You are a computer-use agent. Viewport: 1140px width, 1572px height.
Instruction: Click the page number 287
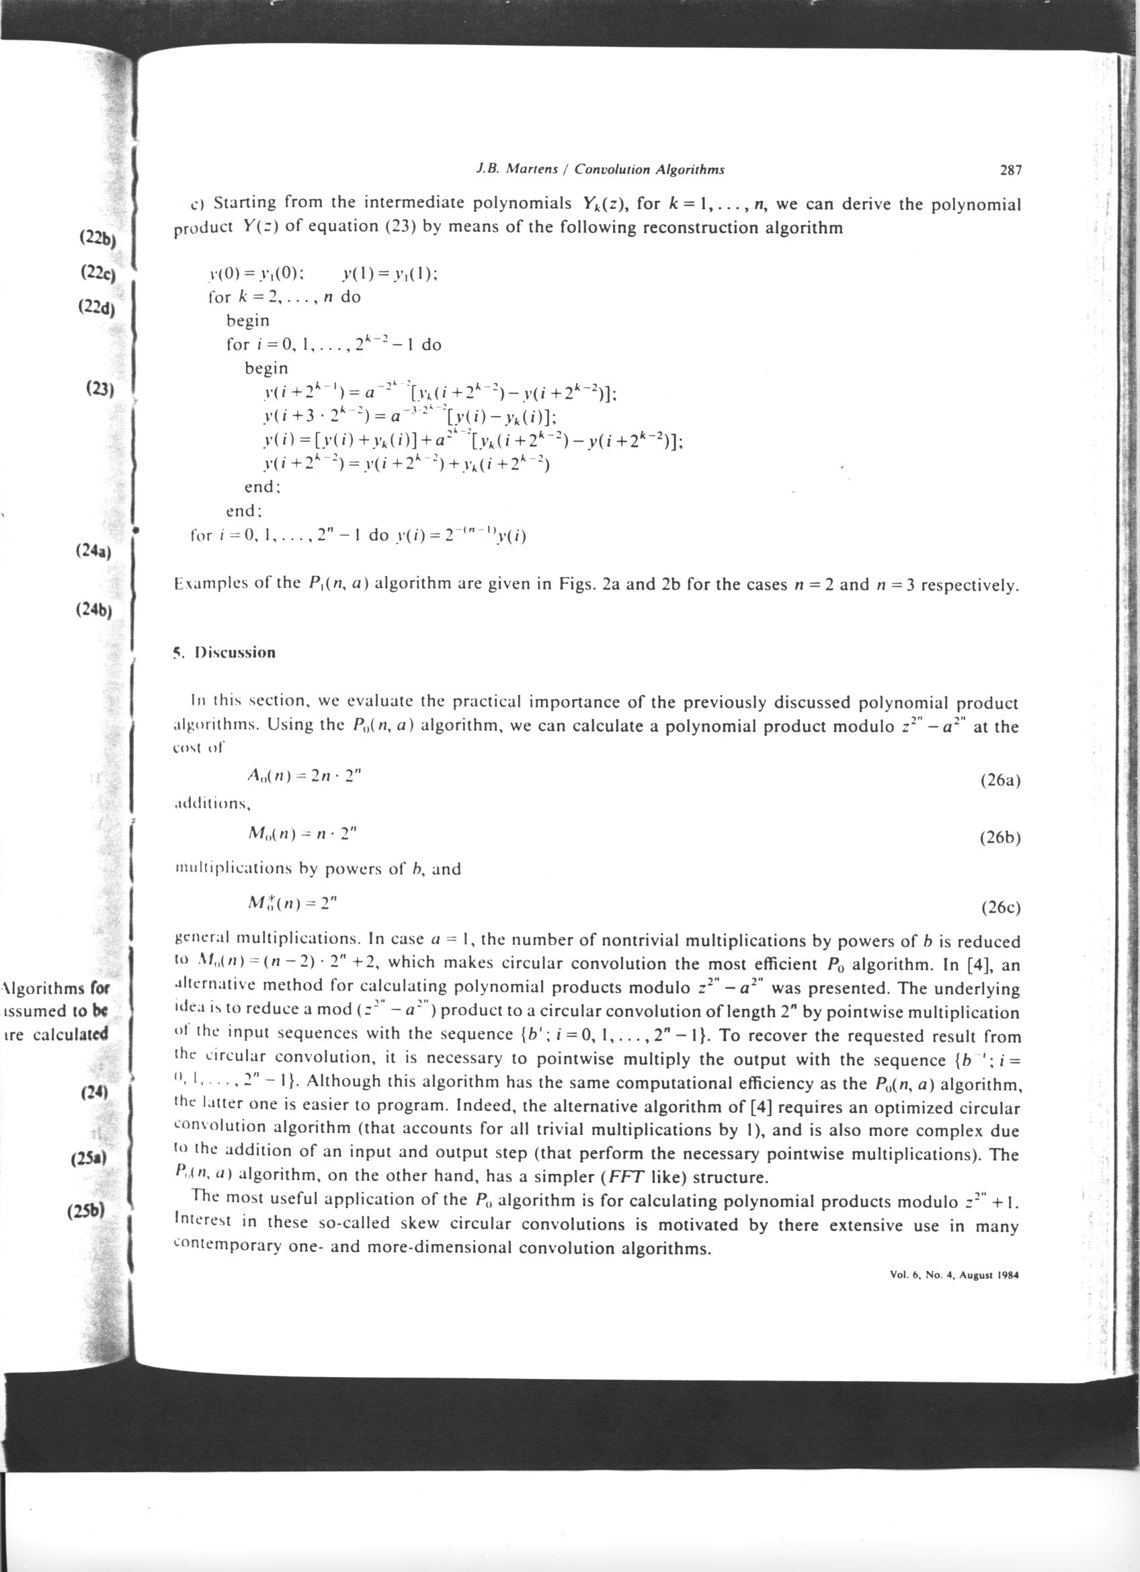point(1011,170)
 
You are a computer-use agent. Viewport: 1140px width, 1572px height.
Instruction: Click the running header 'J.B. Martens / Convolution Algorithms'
point(600,169)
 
